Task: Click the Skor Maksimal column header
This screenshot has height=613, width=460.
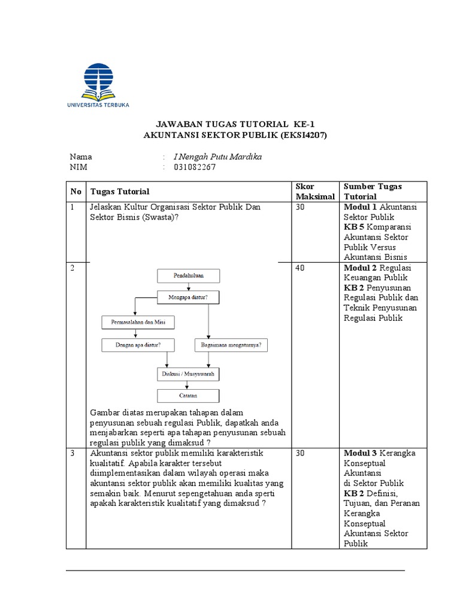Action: (x=309, y=192)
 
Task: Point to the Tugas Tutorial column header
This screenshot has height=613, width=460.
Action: (x=120, y=192)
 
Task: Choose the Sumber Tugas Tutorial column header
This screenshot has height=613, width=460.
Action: (x=372, y=192)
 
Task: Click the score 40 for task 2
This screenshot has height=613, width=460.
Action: (x=301, y=268)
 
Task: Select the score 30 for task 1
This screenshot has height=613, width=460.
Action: (x=301, y=207)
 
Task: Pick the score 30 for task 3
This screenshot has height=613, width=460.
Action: (x=301, y=453)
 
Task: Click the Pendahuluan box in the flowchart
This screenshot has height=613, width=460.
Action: (x=188, y=276)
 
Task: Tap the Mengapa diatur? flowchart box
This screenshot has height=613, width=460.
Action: (x=188, y=297)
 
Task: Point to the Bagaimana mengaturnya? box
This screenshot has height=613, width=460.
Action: (x=231, y=345)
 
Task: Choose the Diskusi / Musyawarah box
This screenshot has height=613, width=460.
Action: (x=188, y=374)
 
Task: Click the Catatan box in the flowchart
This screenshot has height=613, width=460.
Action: (x=188, y=396)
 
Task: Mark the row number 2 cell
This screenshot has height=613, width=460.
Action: (x=72, y=268)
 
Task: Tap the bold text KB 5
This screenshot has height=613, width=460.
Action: (x=353, y=227)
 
